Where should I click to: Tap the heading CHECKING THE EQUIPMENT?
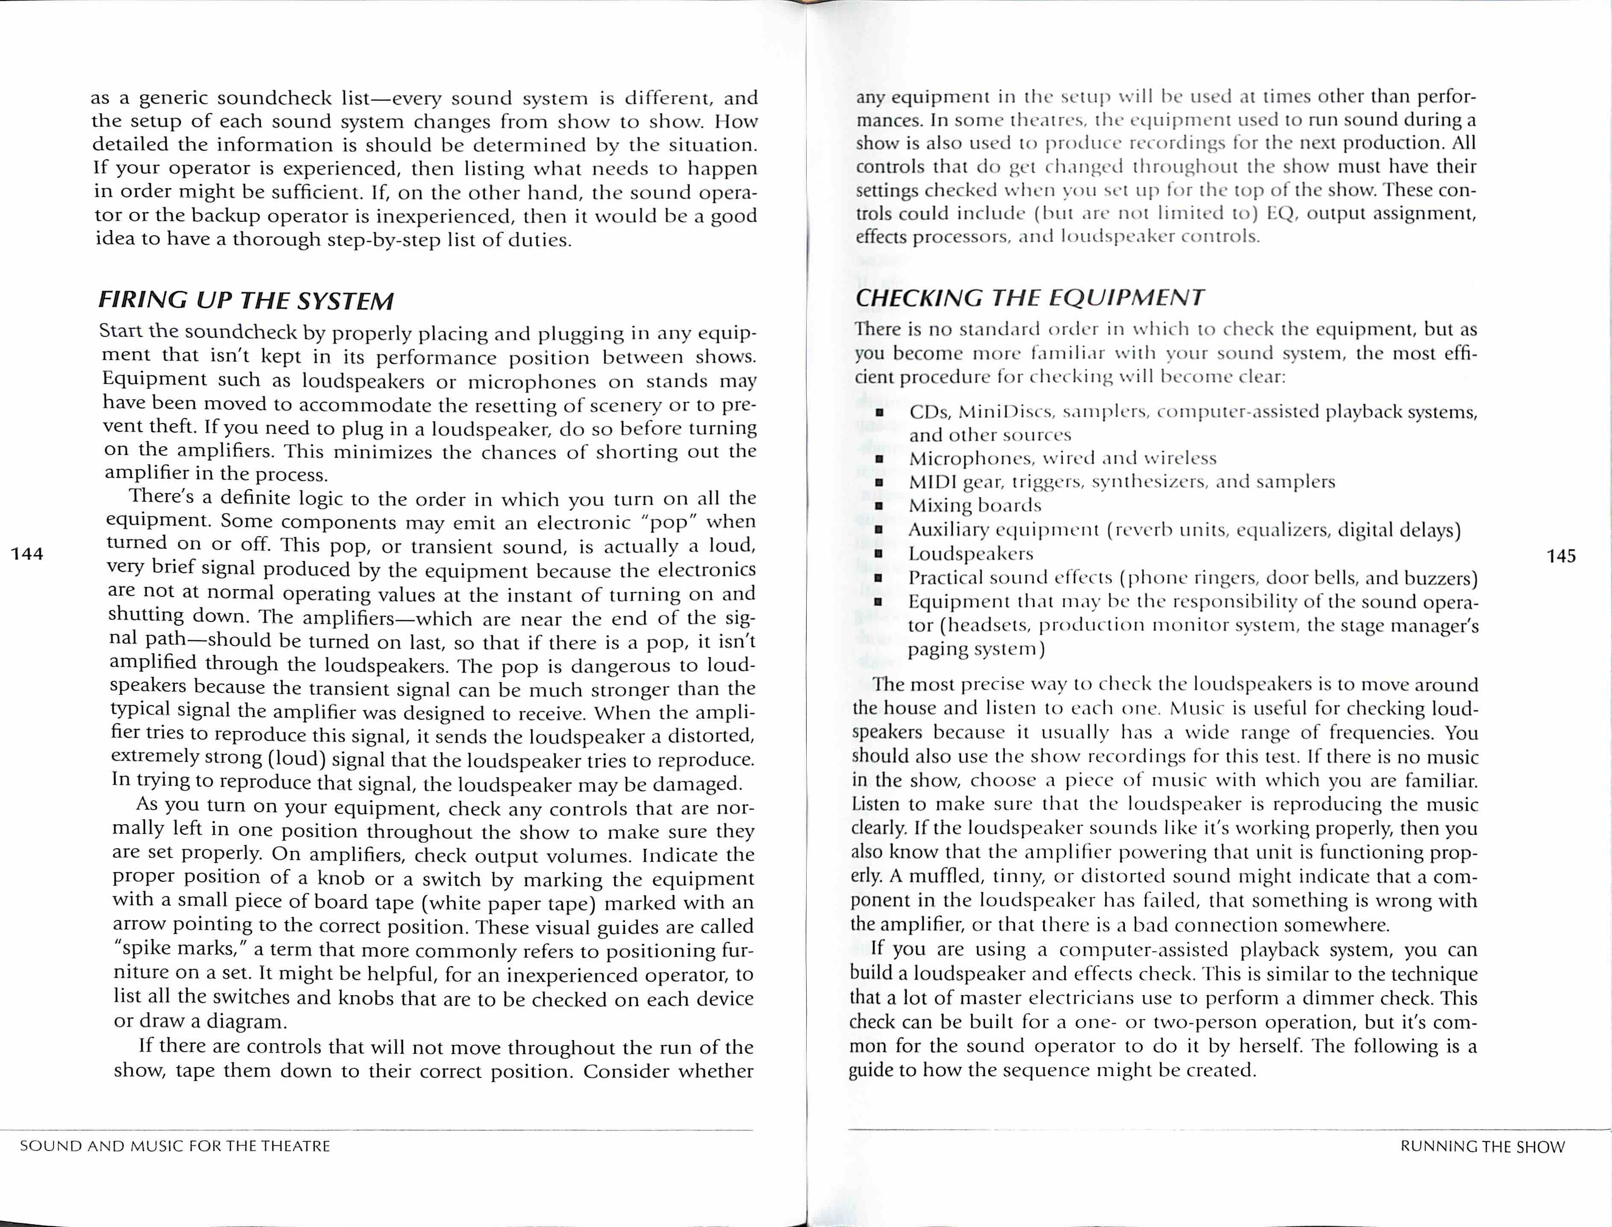pyautogui.click(x=1029, y=297)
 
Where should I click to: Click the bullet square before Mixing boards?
pyautogui.click(x=879, y=506)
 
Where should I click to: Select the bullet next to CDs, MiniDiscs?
pyautogui.click(x=879, y=413)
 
